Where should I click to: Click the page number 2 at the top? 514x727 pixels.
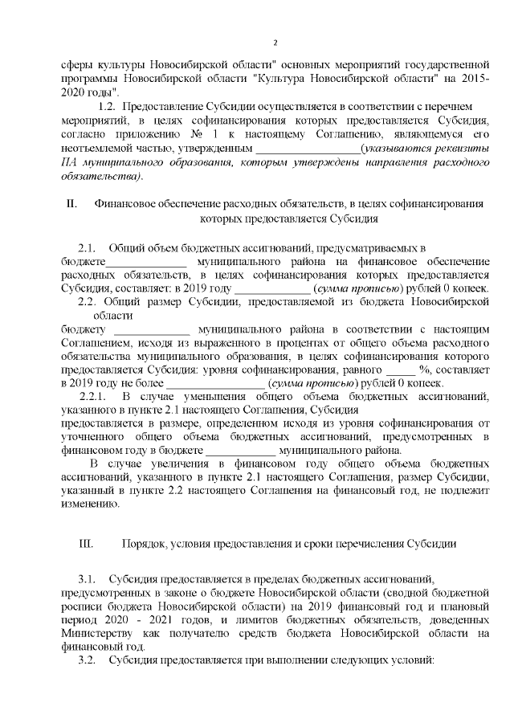coord(275,43)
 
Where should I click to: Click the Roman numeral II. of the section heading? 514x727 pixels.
coord(71,203)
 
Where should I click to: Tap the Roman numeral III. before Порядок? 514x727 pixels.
coord(87,544)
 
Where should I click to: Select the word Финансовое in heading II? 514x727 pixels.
coord(123,203)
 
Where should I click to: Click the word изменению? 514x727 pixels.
coord(89,504)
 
